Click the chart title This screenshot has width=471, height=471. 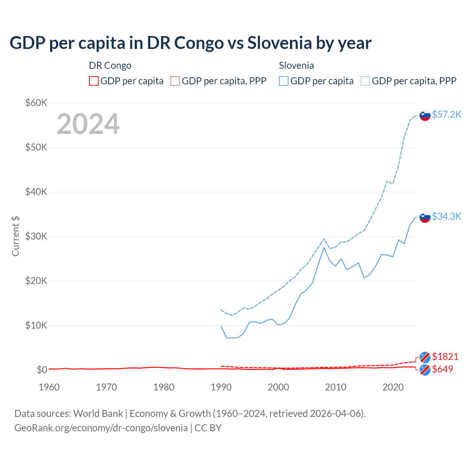(190, 43)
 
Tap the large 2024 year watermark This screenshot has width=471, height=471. (88, 124)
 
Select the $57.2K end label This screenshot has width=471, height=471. (446, 114)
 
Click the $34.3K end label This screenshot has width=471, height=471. (446, 216)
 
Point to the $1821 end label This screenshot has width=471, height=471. (445, 357)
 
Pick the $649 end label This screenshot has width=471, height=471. (442, 369)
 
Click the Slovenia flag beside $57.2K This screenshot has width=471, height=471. (425, 115)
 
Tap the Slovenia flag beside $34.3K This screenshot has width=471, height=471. (425, 217)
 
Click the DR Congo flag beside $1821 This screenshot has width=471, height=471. (425, 357)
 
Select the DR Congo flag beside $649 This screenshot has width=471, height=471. (425, 370)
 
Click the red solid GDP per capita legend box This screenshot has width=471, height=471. (94, 81)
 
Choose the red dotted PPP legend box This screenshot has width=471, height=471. (175, 81)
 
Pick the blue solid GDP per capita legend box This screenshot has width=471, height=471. (284, 81)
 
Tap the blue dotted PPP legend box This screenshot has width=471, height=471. (365, 81)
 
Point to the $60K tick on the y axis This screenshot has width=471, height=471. (36, 103)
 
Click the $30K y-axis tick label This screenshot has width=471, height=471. (36, 236)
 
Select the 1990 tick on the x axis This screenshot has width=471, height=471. (221, 387)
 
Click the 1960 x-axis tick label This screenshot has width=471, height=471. (49, 387)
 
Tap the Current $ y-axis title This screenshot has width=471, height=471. (15, 236)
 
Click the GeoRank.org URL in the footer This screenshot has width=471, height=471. (101, 428)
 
